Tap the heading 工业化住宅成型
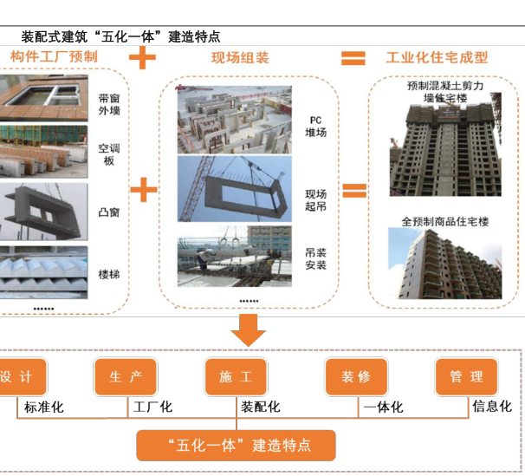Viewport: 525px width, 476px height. [x=437, y=58]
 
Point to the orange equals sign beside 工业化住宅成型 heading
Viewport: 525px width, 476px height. [x=353, y=58]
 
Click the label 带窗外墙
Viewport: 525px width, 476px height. [x=109, y=104]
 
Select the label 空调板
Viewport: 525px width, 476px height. [x=109, y=154]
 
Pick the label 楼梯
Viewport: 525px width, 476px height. [x=109, y=274]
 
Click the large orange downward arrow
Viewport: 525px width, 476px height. [x=249, y=329]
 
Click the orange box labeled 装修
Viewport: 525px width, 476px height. [x=355, y=377]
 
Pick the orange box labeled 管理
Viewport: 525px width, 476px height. [x=466, y=377]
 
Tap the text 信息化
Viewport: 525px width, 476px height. [x=491, y=407]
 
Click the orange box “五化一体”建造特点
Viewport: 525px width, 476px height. [x=236, y=446]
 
